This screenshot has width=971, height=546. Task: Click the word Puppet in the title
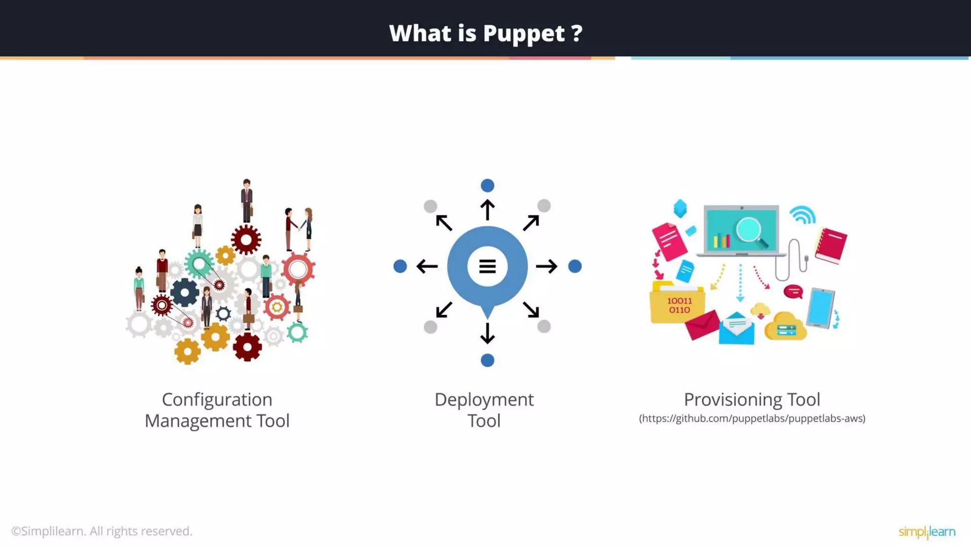[524, 34]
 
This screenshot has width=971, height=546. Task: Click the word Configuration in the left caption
[217, 400]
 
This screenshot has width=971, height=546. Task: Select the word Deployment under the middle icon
[484, 400]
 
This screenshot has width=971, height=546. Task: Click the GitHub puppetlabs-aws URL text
[752, 419]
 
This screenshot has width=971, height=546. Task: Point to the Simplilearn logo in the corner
[927, 532]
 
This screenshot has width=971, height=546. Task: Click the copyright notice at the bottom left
[102, 531]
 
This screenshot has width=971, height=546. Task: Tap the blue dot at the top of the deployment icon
[487, 185]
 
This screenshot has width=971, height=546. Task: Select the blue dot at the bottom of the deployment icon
[487, 361]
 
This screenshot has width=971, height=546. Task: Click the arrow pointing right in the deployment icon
[547, 266]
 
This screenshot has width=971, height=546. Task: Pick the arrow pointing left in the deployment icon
[427, 266]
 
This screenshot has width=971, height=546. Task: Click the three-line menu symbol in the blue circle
[487, 266]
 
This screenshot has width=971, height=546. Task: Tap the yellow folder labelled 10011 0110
[677, 304]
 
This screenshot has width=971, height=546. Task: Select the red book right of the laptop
[832, 245]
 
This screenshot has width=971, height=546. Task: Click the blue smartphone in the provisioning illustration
[821, 307]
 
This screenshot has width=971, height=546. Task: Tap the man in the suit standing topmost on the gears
[247, 201]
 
